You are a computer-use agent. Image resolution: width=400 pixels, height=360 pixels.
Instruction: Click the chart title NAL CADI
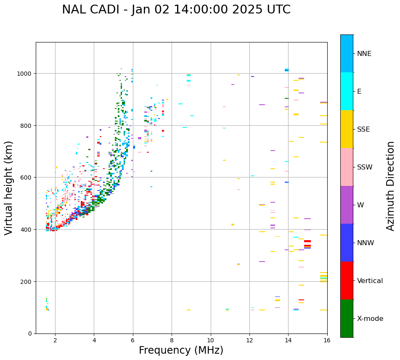click(x=176, y=10)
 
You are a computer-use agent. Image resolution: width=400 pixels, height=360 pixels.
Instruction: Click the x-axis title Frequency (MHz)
click(x=181, y=350)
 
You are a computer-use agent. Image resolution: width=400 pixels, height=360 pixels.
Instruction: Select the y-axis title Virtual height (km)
click(x=9, y=188)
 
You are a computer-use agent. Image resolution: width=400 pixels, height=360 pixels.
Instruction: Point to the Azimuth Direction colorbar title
click(x=391, y=186)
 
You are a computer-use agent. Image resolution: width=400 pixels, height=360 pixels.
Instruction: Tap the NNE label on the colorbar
click(x=364, y=54)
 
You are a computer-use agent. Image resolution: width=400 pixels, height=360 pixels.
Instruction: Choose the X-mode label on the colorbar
click(x=370, y=319)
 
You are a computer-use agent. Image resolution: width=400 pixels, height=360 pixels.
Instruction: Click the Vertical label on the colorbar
click(x=370, y=281)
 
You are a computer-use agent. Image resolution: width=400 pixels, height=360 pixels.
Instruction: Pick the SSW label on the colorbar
click(x=365, y=167)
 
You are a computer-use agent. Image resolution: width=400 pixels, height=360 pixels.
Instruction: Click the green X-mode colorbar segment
click(x=347, y=318)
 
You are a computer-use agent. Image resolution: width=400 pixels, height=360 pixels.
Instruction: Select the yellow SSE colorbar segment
click(x=347, y=129)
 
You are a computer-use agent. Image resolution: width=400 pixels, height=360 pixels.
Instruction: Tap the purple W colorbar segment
click(x=347, y=205)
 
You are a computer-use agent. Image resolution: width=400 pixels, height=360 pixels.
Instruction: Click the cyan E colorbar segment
click(x=347, y=91)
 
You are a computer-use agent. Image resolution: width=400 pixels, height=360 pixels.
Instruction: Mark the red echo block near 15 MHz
click(x=307, y=241)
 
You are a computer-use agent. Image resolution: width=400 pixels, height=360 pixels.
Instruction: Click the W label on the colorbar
click(x=360, y=205)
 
